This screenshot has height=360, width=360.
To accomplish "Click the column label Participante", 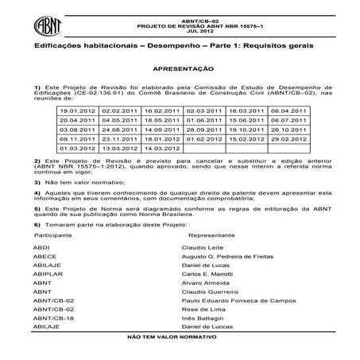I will coord(53,236).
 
